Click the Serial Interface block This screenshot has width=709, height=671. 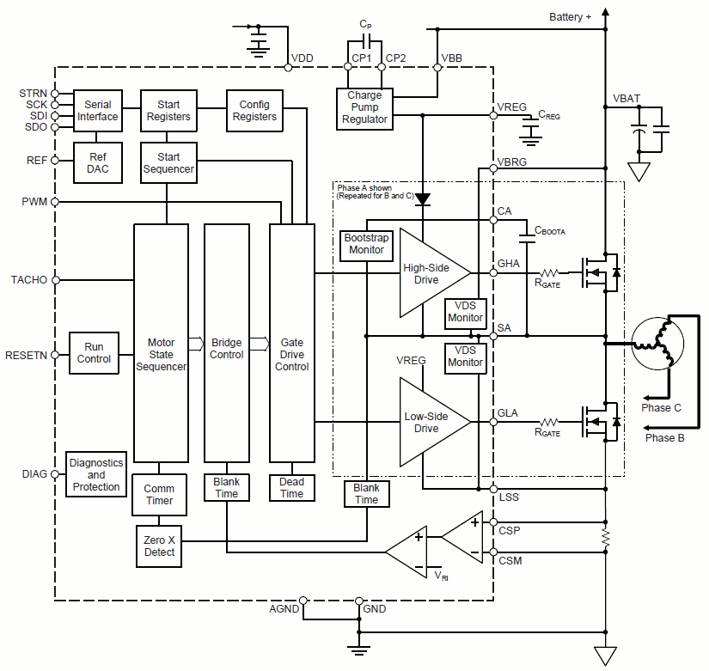click(x=98, y=111)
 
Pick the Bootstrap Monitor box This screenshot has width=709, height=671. click(x=366, y=244)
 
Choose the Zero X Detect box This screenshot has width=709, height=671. click(x=159, y=546)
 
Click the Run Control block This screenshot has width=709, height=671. click(x=94, y=353)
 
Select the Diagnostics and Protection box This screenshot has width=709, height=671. click(x=96, y=474)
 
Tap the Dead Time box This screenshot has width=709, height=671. click(x=291, y=488)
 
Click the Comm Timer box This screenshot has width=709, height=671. click(x=159, y=494)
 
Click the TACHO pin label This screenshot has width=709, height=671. click(x=30, y=280)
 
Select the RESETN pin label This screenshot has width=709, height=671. click(x=28, y=354)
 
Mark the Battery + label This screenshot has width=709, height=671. click(x=571, y=16)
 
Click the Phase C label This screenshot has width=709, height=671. click(x=661, y=407)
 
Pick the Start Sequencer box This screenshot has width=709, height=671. click(x=168, y=163)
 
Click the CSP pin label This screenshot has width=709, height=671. click(x=510, y=530)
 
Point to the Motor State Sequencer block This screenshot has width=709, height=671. click(x=161, y=344)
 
